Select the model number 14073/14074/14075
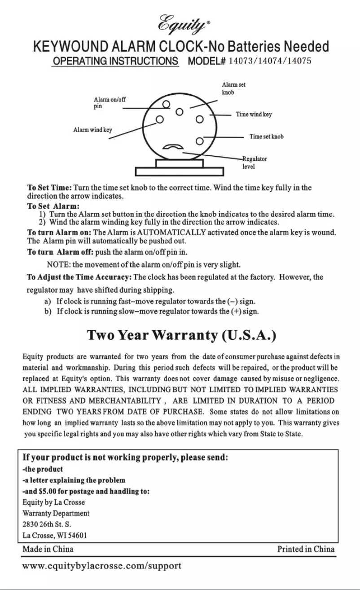(270, 61)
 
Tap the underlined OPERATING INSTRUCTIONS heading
(115, 62)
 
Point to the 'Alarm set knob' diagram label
(233, 88)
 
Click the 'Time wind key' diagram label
(254, 114)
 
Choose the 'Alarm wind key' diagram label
(92, 130)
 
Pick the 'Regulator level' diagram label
(255, 163)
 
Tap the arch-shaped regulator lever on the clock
(171, 147)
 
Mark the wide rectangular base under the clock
(180, 172)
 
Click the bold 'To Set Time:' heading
(49, 188)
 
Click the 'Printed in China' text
(306, 549)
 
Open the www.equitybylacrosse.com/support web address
(102, 566)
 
